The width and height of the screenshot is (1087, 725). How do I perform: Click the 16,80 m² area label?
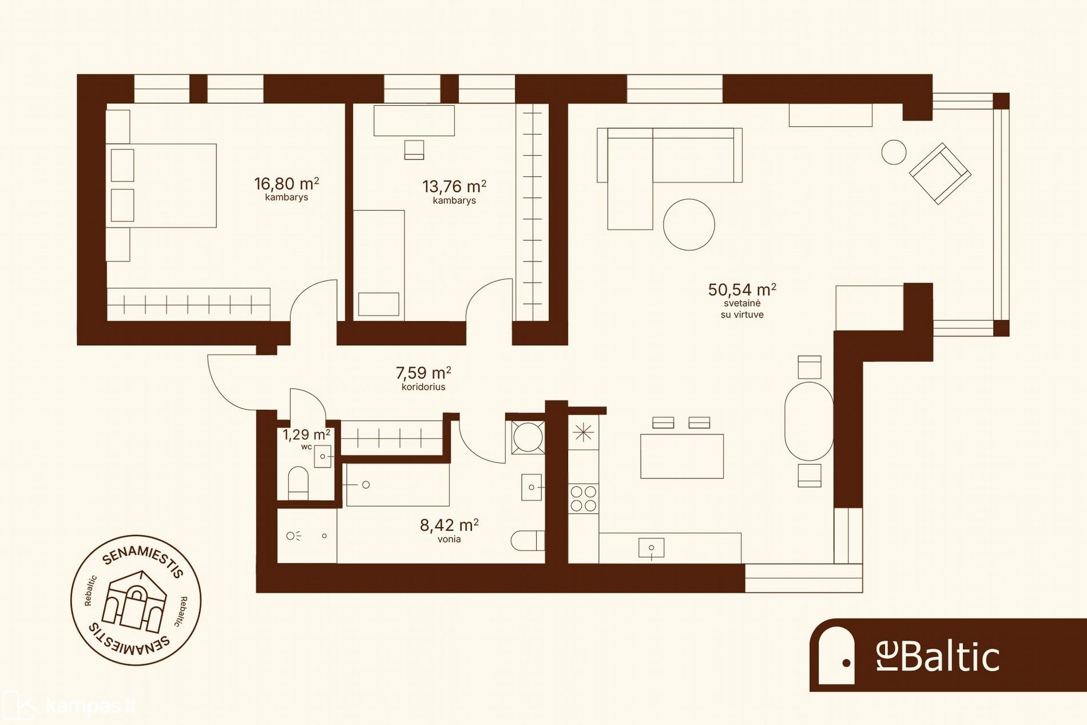(x=287, y=184)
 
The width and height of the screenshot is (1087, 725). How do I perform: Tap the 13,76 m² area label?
(x=454, y=187)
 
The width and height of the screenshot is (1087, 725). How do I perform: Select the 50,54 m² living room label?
(x=742, y=290)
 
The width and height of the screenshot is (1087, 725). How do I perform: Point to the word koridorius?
(x=423, y=387)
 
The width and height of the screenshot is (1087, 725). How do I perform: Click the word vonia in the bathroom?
(x=449, y=539)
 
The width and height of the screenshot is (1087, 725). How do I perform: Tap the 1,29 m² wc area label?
(x=306, y=435)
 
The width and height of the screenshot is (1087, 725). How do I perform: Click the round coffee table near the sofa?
(x=689, y=224)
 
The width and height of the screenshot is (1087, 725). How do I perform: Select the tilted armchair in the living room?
(x=940, y=173)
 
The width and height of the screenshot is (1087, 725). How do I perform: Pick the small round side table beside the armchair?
(x=894, y=152)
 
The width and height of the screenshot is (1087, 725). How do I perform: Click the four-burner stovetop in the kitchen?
(x=584, y=498)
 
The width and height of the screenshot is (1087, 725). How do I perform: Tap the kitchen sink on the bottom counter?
(x=651, y=548)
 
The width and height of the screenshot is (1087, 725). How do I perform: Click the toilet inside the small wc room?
(x=298, y=482)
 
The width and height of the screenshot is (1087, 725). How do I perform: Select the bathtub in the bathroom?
(x=398, y=485)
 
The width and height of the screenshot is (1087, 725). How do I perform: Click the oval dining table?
(x=809, y=421)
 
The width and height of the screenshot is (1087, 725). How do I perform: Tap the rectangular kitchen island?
(x=682, y=456)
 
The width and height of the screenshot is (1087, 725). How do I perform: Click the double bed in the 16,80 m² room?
(x=161, y=185)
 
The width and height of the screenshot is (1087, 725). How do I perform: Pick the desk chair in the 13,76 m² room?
(x=414, y=150)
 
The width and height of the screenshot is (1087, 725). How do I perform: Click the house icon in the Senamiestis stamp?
(x=134, y=600)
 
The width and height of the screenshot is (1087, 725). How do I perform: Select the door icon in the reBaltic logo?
(x=836, y=655)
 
